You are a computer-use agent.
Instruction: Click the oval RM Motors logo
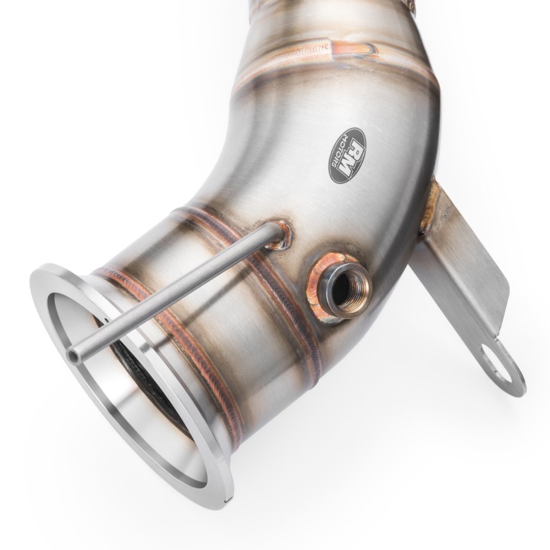pyautogui.click(x=347, y=155)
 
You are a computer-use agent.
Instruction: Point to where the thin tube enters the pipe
pyautogui.click(x=279, y=232)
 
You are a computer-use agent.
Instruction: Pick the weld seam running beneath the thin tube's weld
pyautogui.click(x=289, y=302)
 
